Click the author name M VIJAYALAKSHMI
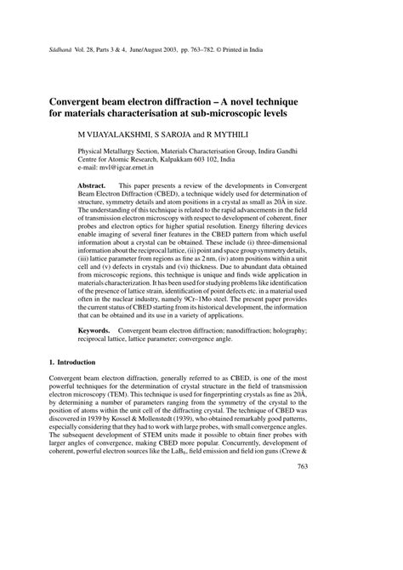tap(112, 134)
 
